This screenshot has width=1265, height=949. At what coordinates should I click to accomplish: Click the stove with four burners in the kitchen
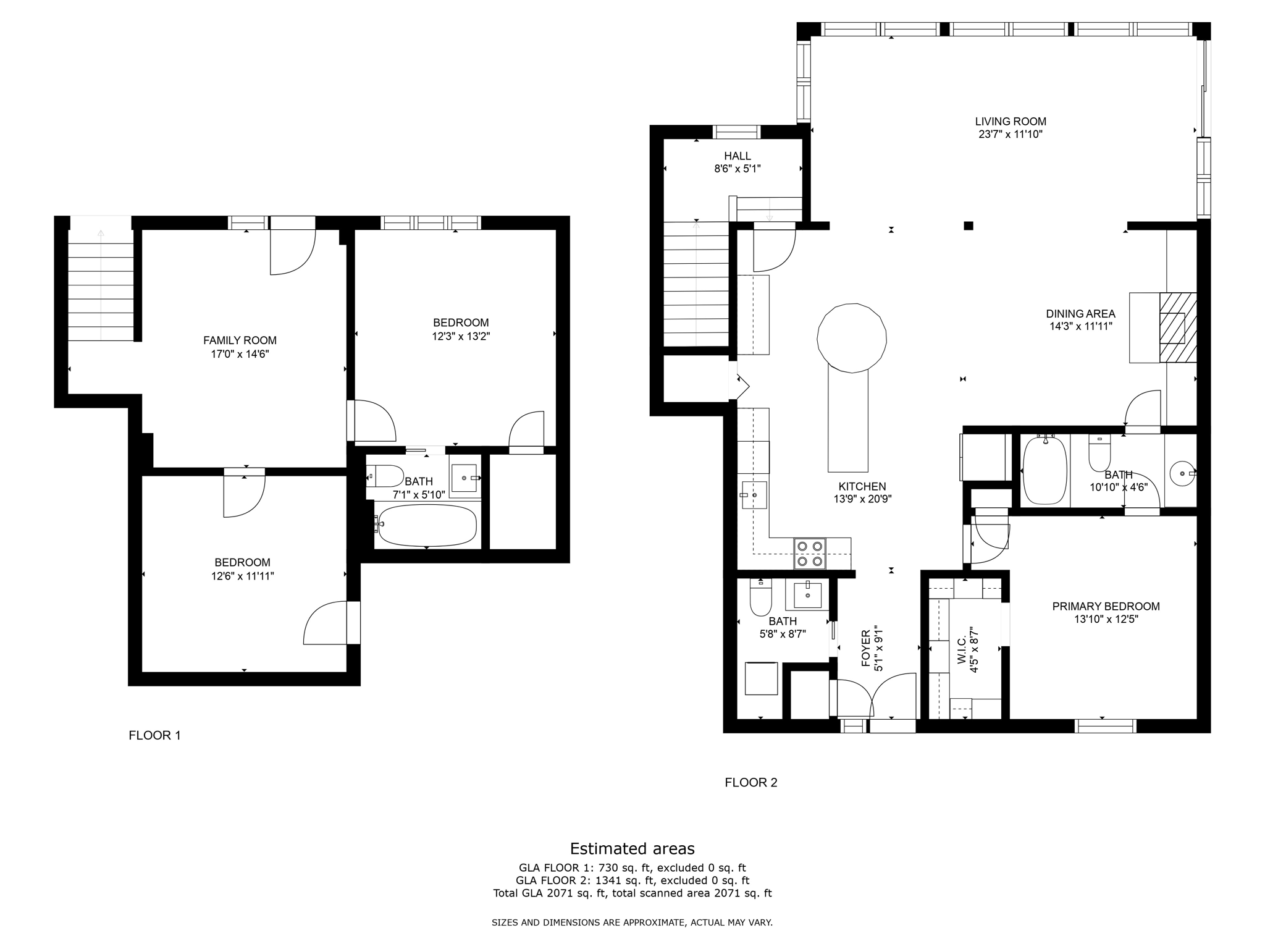click(x=809, y=554)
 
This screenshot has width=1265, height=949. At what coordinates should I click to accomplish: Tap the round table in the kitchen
click(x=852, y=338)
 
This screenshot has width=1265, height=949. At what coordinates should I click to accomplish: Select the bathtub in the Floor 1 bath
click(x=427, y=526)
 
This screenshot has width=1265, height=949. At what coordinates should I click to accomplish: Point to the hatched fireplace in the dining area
click(x=1178, y=327)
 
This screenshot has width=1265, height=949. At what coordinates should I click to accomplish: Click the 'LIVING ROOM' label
click(x=1011, y=122)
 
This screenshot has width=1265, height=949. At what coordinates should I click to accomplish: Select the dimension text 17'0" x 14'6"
click(x=240, y=354)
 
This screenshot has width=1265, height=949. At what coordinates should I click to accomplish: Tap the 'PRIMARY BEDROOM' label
click(x=1106, y=606)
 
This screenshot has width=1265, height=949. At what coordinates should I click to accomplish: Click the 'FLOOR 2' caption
click(x=750, y=782)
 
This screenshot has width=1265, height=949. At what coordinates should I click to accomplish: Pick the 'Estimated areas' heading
click(x=632, y=848)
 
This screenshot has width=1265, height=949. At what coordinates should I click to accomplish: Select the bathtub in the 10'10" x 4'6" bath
click(x=1045, y=471)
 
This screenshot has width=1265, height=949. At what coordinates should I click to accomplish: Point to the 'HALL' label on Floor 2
click(x=738, y=156)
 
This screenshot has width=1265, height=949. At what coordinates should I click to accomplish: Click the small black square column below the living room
click(x=969, y=226)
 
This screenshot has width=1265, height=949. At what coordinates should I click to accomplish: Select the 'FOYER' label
click(x=865, y=649)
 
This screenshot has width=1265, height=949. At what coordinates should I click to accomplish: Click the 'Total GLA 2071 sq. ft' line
click(x=632, y=893)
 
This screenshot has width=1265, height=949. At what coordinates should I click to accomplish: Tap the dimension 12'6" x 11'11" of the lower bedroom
click(x=242, y=576)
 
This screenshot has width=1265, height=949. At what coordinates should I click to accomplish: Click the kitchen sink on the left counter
click(x=754, y=495)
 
